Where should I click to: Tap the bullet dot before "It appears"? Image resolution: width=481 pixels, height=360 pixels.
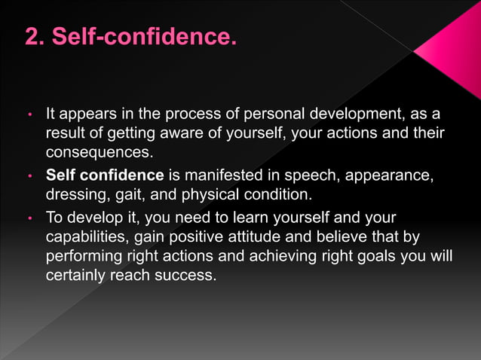(x=29, y=116)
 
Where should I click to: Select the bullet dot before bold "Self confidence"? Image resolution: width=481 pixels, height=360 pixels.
(x=29, y=177)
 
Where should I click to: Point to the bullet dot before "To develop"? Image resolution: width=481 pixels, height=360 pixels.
(x=29, y=219)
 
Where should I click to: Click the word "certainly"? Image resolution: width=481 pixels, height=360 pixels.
(x=75, y=275)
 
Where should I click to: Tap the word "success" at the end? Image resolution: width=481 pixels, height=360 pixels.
(x=185, y=275)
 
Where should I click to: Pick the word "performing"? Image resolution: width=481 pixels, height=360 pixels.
(x=85, y=256)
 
